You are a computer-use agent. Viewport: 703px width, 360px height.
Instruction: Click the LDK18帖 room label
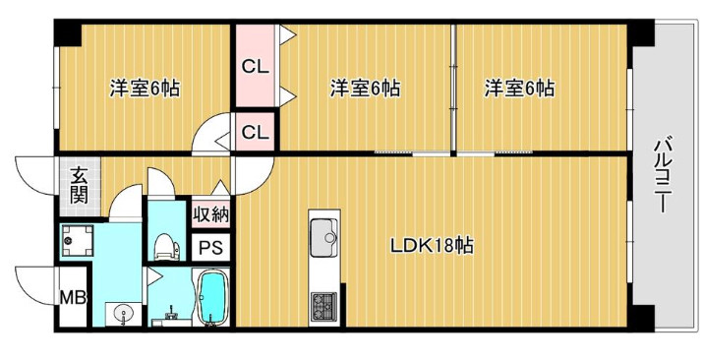(x=432, y=246)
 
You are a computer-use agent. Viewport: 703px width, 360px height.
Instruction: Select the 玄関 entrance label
(x=79, y=185)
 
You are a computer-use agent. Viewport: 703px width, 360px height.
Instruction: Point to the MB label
(x=72, y=297)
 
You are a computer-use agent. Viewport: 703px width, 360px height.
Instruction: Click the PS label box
(x=210, y=248)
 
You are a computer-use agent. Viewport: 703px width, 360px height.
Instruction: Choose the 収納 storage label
(x=209, y=213)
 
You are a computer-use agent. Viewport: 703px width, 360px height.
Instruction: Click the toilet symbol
(x=164, y=241)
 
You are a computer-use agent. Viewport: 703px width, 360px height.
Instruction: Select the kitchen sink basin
(x=323, y=236)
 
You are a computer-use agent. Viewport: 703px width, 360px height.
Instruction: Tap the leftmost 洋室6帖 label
(x=144, y=88)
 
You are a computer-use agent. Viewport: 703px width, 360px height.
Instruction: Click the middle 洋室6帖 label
(x=365, y=88)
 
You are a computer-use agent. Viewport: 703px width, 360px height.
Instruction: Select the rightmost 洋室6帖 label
(x=518, y=88)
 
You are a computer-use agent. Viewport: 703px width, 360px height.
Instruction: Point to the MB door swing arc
(x=35, y=285)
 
